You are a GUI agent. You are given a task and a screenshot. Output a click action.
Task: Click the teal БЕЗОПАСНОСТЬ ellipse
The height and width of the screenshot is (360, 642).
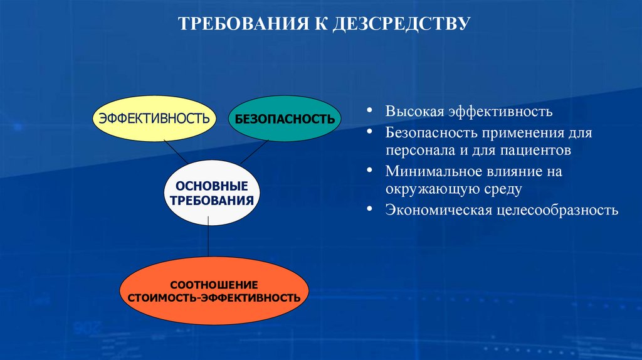285,119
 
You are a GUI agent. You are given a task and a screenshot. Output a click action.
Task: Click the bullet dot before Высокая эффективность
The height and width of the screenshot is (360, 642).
372,111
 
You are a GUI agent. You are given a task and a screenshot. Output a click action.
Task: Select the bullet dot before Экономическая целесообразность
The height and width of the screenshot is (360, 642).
372,209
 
